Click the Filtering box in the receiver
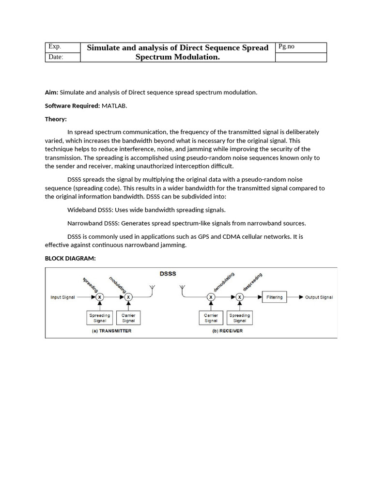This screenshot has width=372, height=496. pos(274,297)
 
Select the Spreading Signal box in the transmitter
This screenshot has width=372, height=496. pos(100,318)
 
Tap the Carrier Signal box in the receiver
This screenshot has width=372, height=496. pos(211,318)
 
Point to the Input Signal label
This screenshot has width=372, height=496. pos(62,297)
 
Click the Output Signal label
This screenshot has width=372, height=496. pos(319,297)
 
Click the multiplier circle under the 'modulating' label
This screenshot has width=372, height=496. pos(128,297)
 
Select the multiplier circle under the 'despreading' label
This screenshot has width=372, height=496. pos(239,297)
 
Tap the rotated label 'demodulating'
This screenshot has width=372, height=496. pos(224,282)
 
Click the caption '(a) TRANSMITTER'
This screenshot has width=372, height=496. pos(111,331)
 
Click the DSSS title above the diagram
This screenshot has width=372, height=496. pos(168,274)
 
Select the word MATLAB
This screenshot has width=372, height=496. pos(114,106)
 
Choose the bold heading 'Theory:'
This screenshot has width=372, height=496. pos(56,119)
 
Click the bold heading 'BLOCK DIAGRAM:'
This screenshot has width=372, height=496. pos(70,258)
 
